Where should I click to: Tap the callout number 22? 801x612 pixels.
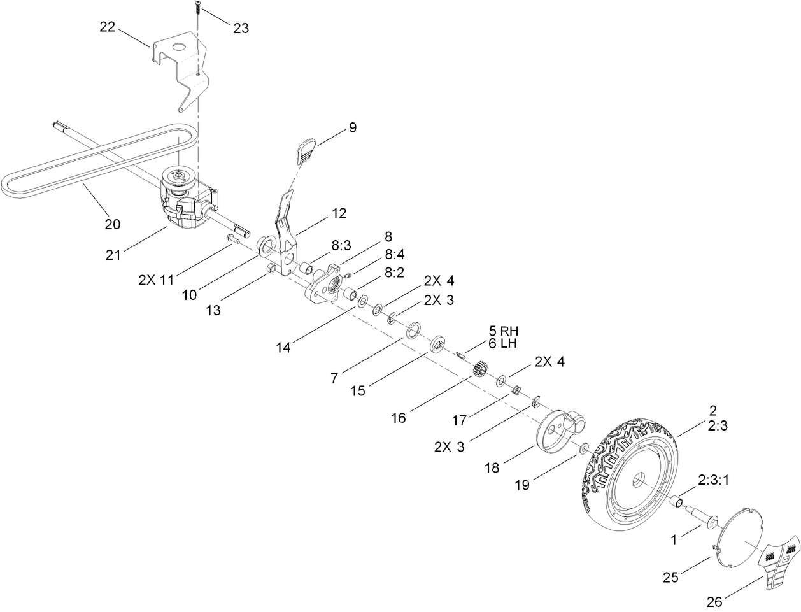click(108, 27)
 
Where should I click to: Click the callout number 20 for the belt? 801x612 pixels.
click(113, 224)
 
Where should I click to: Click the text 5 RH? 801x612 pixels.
click(504, 331)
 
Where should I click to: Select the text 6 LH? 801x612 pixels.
click(503, 343)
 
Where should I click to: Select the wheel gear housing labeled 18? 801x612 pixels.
click(554, 432)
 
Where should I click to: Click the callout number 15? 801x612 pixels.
click(358, 390)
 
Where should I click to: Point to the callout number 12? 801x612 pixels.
click(339, 213)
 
